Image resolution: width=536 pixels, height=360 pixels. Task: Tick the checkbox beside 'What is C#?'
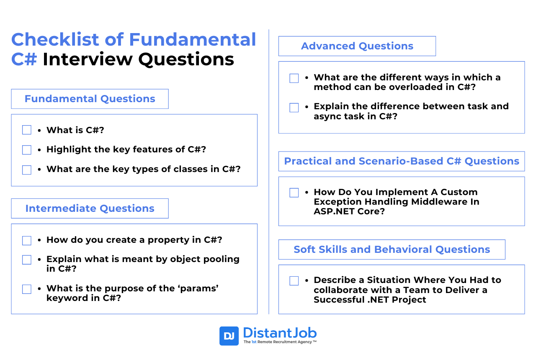click(x=27, y=130)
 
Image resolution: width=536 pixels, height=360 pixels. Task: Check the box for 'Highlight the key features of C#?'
click(x=27, y=150)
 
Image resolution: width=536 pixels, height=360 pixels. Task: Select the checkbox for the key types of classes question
click(x=27, y=170)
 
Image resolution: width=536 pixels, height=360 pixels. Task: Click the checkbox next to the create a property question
click(x=27, y=240)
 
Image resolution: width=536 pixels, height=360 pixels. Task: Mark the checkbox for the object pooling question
click(x=27, y=260)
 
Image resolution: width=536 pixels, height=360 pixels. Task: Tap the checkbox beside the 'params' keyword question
click(x=27, y=289)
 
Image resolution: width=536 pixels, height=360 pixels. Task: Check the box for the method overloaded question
click(x=294, y=78)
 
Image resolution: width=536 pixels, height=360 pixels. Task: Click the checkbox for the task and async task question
click(x=294, y=108)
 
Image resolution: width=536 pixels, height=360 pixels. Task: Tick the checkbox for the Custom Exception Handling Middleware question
click(x=294, y=193)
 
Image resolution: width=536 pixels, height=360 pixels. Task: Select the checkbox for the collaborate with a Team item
click(x=294, y=281)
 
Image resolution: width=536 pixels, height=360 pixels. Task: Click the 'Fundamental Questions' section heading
click(x=90, y=99)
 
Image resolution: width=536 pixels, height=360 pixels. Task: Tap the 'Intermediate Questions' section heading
click(x=90, y=208)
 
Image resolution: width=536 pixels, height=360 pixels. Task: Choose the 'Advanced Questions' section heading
click(x=357, y=46)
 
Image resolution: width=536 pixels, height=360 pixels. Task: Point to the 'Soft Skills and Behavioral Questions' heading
click(x=392, y=249)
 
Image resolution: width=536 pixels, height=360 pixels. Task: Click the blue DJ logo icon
click(x=229, y=336)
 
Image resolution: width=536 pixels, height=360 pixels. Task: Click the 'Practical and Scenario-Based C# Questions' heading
click(x=401, y=161)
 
